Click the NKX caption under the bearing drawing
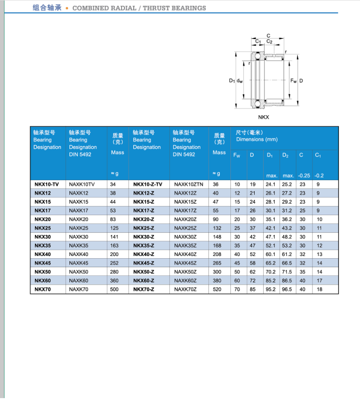tap(264, 117)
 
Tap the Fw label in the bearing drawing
tap(293, 81)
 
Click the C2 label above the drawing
tap(269, 42)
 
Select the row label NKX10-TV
tap(47, 184)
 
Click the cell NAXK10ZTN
tap(188, 184)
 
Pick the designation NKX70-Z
tap(143, 290)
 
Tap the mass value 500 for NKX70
tap(114, 290)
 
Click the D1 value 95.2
tap(270, 290)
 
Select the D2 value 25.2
tap(286, 184)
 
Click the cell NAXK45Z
tap(185, 263)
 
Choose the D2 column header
tap(286, 155)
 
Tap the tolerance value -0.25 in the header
tap(304, 175)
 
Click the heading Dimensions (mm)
tap(257, 139)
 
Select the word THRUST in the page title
tap(158, 8)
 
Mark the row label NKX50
tap(43, 272)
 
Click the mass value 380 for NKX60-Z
tap(217, 281)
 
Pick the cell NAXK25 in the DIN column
tap(78, 228)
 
